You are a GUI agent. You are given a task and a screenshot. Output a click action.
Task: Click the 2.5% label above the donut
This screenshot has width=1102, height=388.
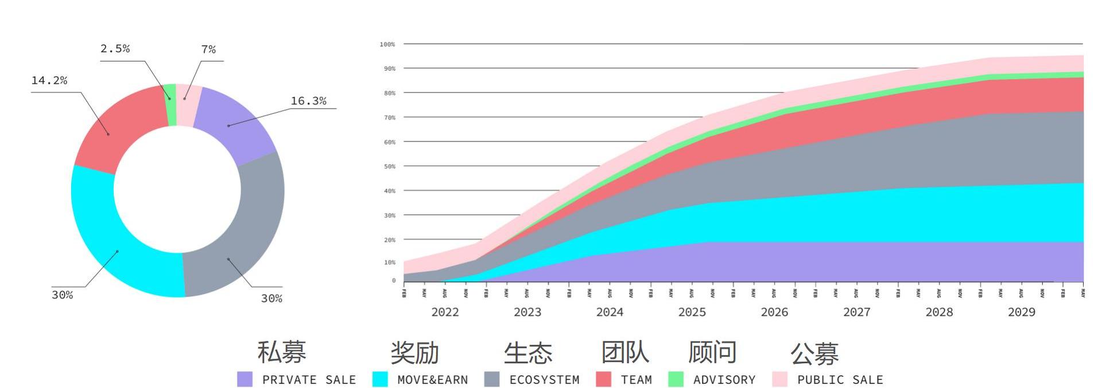115,49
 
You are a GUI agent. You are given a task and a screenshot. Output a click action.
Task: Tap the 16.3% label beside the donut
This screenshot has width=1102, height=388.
308,101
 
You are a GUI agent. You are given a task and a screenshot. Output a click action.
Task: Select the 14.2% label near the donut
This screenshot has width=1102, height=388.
49,80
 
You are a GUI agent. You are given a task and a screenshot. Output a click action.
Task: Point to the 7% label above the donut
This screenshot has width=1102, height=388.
208,49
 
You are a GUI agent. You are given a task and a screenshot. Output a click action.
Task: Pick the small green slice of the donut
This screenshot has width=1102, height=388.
170,103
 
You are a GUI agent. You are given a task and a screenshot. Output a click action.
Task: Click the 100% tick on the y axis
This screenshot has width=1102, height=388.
387,44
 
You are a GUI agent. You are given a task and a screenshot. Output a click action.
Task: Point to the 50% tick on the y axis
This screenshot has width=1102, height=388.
390,167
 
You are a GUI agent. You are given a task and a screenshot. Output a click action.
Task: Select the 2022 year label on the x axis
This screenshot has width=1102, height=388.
445,312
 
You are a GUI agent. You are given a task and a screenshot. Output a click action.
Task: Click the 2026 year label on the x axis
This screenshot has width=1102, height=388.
774,312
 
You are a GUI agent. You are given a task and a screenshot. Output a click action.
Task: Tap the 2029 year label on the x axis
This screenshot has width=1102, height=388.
1022,312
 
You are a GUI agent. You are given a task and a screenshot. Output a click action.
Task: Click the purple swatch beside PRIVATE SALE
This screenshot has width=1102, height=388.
245,379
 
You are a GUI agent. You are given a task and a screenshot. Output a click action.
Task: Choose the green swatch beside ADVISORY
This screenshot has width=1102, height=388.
676,379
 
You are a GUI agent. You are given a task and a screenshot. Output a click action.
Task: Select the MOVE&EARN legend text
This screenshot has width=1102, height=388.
432,380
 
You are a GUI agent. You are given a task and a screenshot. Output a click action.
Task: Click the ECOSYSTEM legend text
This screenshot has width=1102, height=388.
544,380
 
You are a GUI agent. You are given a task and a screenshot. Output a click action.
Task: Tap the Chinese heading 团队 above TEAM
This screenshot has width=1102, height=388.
625,352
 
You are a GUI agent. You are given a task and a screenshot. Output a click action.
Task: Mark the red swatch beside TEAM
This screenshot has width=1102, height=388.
603,379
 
